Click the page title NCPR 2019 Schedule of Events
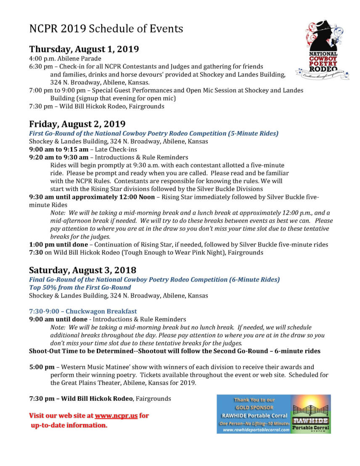click(106, 29)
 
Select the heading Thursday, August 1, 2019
click(84, 49)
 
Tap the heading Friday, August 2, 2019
click(77, 124)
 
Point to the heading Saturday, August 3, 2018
click(82, 269)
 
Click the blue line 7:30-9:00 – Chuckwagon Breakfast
click(83, 311)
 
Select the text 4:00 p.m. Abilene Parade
click(65, 58)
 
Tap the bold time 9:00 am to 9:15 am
click(58, 149)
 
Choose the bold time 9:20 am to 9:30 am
click(58, 157)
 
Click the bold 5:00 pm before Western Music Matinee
click(42, 367)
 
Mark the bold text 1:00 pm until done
click(58, 245)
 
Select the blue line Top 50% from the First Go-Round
click(80, 287)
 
